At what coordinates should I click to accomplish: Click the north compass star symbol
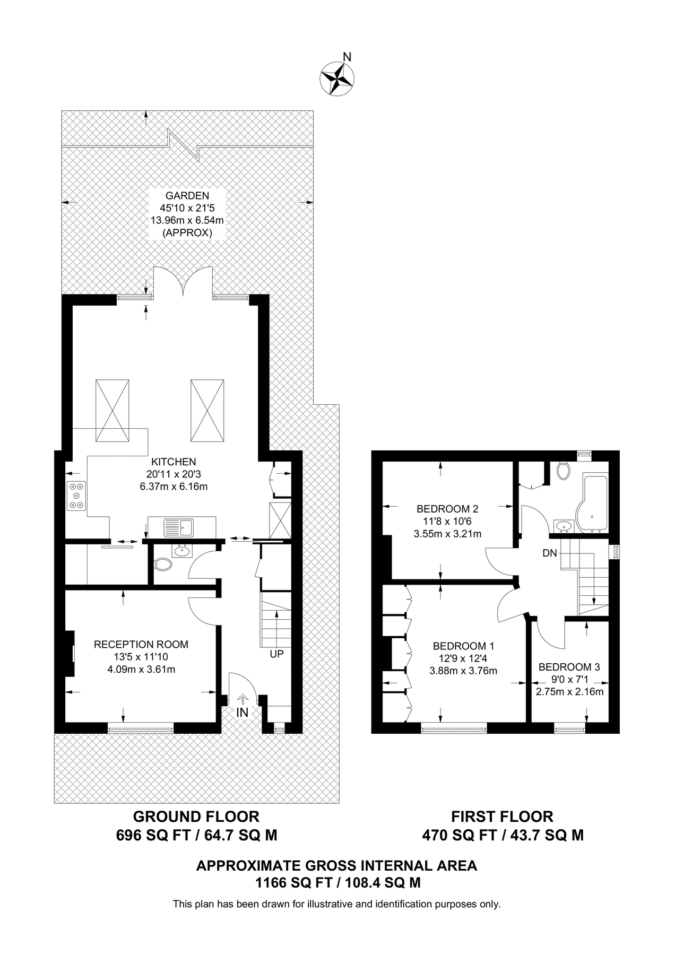click(337, 79)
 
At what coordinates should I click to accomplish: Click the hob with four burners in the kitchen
click(76, 496)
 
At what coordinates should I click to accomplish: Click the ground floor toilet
click(162, 566)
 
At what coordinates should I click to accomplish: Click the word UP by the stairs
click(276, 654)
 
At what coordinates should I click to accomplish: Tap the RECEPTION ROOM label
click(141, 645)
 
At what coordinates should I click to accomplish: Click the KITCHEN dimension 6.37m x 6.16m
click(174, 486)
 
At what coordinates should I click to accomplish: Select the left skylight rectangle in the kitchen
click(112, 410)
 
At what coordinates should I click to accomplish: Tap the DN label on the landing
click(550, 553)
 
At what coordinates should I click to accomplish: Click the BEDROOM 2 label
click(447, 509)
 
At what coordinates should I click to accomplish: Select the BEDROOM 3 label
click(569, 667)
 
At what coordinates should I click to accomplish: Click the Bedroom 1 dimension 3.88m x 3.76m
click(463, 671)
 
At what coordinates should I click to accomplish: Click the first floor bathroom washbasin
click(563, 526)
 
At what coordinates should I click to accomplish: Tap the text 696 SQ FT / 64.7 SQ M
click(196, 836)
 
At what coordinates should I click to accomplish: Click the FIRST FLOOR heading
click(502, 816)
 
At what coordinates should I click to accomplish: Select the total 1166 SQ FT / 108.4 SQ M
click(337, 883)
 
